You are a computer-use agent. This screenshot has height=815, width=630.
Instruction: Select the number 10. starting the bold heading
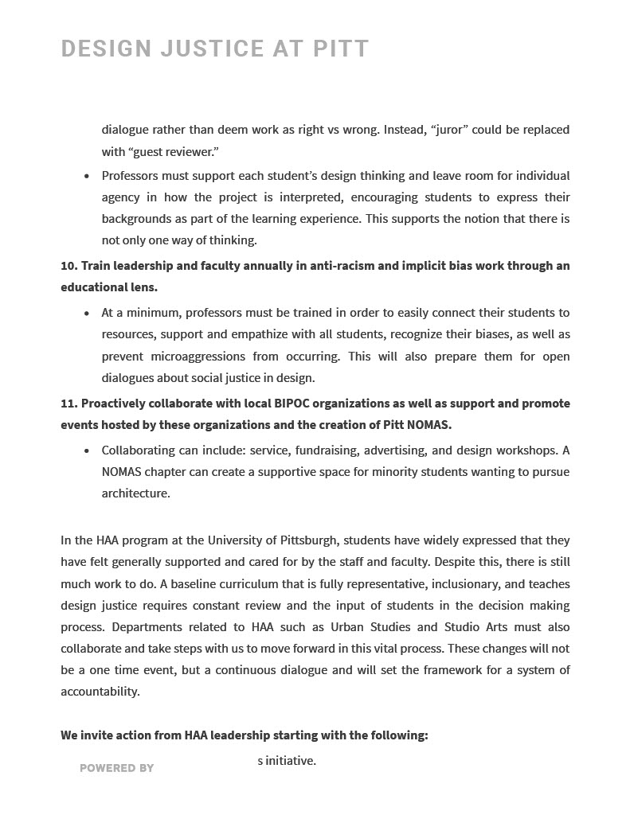[x=68, y=266]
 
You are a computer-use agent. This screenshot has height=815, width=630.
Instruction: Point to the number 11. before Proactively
[x=68, y=404]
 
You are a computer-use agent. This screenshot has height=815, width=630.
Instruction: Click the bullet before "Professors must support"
[x=87, y=176]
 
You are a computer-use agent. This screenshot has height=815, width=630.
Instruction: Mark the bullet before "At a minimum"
[x=87, y=314]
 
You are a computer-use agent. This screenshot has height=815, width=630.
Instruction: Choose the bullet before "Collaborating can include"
[x=87, y=451]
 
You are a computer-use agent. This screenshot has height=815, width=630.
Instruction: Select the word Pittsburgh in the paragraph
[x=308, y=540]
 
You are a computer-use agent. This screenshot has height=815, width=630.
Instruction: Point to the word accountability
[x=100, y=692]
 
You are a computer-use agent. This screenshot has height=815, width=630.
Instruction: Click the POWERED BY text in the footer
[x=116, y=768]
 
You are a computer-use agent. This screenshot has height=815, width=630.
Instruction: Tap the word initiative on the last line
[x=290, y=761]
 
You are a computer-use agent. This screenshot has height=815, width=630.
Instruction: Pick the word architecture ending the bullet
[x=135, y=493]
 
